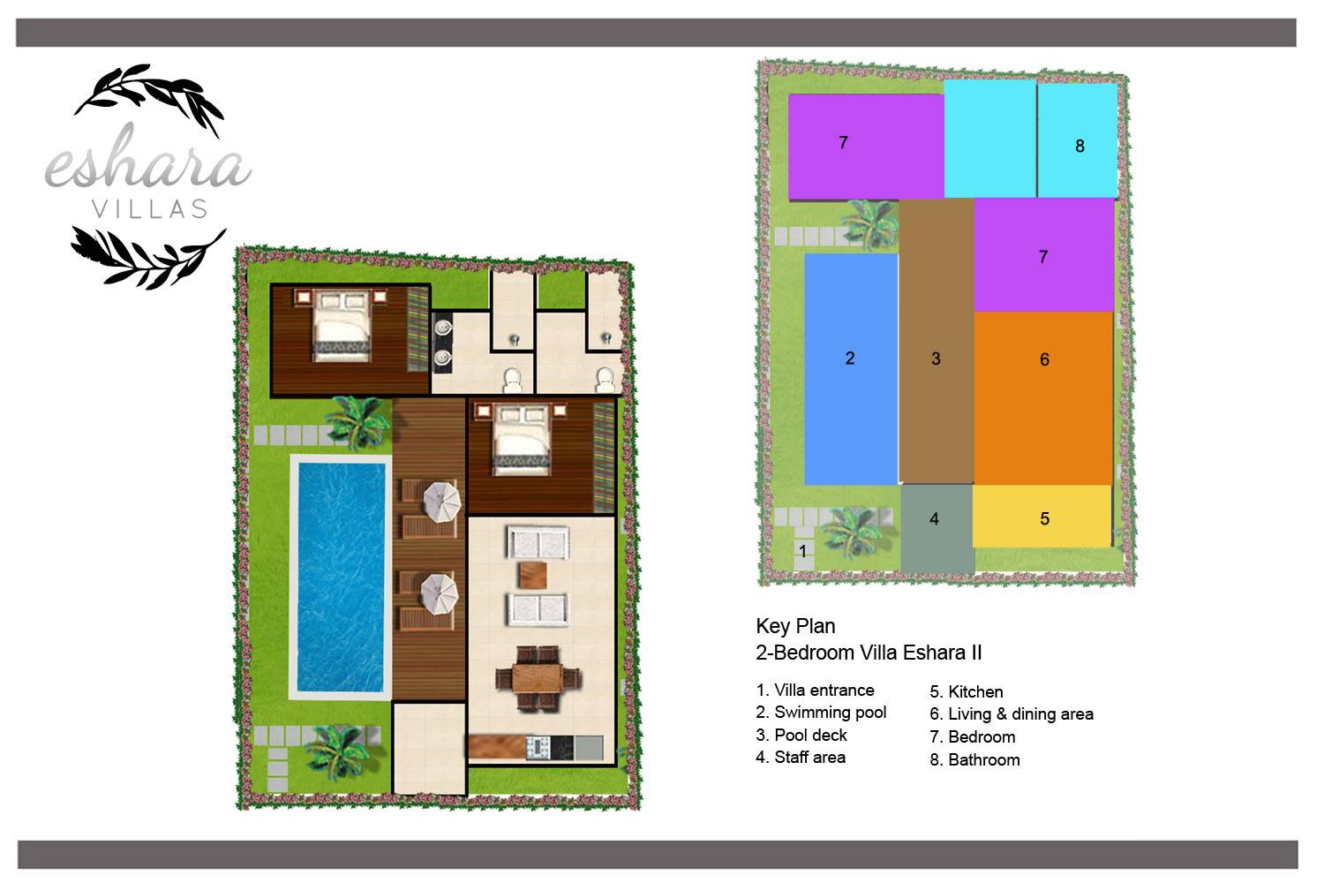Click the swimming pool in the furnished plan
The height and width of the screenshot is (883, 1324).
(341, 577)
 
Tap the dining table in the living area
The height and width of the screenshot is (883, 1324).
(538, 678)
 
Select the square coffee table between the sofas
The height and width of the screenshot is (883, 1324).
(532, 576)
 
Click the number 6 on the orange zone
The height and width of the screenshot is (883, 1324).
(1044, 359)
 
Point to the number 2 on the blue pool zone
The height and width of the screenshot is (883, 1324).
(850, 358)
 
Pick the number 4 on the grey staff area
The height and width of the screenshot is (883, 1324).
(934, 518)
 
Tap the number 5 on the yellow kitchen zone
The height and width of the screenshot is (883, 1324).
(1044, 518)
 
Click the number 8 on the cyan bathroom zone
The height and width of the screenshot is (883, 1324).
(1080, 146)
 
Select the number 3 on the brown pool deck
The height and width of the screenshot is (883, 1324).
(936, 358)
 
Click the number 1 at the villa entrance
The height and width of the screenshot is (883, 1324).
(802, 551)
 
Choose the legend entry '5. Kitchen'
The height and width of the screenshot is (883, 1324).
(967, 691)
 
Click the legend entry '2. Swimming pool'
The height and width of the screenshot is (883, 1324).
(821, 712)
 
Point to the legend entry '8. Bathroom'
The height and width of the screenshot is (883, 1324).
(974, 759)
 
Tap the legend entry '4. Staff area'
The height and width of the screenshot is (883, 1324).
(801, 757)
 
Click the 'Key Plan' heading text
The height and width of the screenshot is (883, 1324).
(795, 626)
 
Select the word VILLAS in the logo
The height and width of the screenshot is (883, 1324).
(150, 208)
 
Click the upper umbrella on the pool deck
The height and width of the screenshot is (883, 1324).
(441, 502)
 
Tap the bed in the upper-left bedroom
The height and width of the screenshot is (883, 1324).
(342, 325)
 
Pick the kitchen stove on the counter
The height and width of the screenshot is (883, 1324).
(538, 748)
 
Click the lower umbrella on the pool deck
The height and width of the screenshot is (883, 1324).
(440, 594)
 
